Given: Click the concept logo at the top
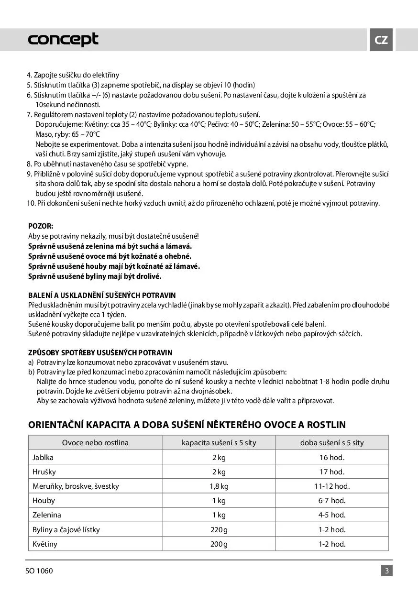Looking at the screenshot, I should [63, 39].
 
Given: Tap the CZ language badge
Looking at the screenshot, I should [381, 40].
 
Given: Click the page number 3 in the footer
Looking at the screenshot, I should [386, 571].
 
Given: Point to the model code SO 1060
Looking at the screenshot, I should [39, 571].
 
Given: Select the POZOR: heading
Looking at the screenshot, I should [41, 226].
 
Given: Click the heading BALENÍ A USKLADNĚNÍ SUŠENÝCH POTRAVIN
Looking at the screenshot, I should [102, 295].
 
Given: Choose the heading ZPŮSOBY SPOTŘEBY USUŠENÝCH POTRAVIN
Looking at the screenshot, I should [100, 352].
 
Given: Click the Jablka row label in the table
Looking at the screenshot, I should [43, 457].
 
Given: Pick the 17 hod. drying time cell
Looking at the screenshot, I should [332, 472].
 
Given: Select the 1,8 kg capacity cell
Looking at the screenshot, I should [219, 486].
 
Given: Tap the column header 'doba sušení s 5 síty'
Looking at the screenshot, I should [332, 442].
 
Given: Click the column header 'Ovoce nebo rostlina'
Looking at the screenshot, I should [95, 442].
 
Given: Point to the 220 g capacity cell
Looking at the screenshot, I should [219, 529].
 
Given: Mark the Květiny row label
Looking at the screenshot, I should [44, 544].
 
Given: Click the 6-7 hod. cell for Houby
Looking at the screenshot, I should [332, 500].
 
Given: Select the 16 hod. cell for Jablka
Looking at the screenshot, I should [332, 457].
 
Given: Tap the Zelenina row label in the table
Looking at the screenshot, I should [46, 515].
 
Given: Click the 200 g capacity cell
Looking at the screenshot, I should [219, 544].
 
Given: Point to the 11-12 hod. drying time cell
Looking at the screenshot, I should [332, 486].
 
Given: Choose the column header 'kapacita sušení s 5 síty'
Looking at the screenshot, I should [219, 442].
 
